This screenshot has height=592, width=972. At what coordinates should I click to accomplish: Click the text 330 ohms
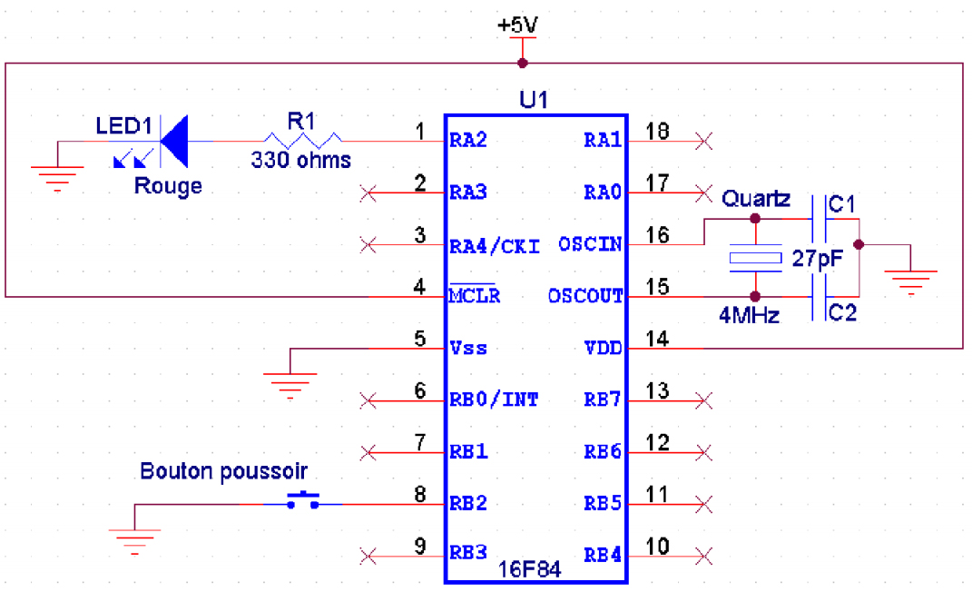tap(300, 161)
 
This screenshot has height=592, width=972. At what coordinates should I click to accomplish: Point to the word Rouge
tap(168, 186)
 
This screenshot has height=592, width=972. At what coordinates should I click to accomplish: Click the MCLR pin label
tap(474, 297)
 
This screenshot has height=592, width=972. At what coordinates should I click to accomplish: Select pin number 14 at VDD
tap(657, 340)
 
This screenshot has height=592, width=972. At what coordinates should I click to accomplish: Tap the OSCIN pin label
tap(591, 244)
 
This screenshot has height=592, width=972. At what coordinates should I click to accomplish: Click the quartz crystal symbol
tap(754, 259)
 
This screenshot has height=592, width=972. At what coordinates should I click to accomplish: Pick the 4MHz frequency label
tap(749, 316)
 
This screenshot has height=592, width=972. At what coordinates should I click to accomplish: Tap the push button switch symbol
tap(303, 500)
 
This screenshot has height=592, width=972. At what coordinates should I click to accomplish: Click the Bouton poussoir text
tap(223, 471)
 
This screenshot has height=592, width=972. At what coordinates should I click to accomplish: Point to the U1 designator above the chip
tap(534, 100)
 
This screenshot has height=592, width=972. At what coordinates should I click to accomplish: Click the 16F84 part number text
tap(530, 570)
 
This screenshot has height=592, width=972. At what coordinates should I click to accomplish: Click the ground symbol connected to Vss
tap(290, 383)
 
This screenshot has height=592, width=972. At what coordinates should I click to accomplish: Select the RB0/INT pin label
tap(494, 399)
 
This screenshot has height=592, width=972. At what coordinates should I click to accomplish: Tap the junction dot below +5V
tap(523, 64)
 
